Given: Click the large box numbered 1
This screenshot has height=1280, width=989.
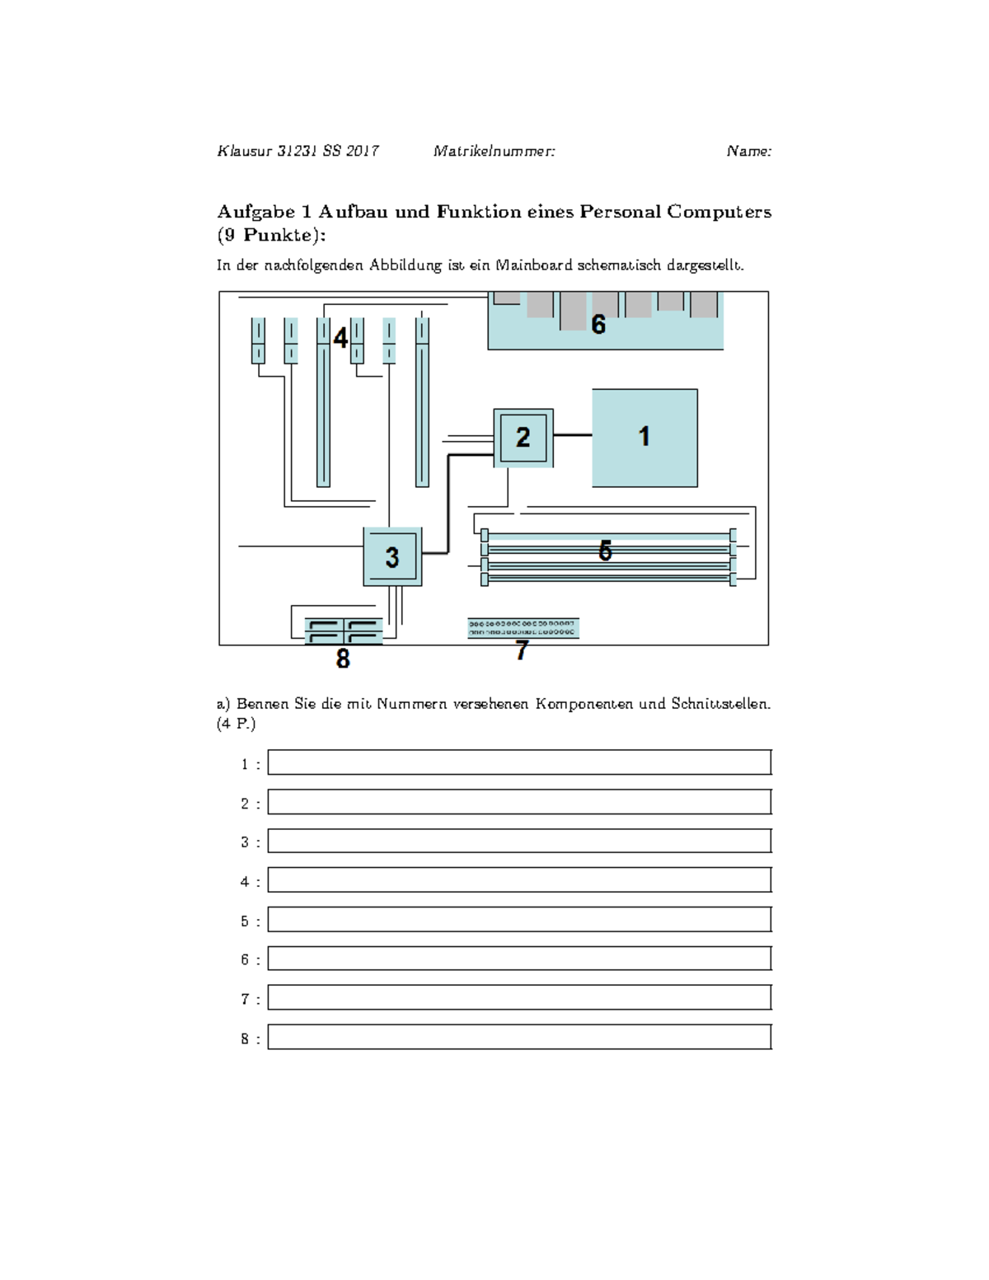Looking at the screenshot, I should (x=644, y=438).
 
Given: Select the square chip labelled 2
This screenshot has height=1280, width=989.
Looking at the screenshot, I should (x=523, y=438).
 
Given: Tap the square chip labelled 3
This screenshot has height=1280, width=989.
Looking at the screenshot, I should (x=392, y=557).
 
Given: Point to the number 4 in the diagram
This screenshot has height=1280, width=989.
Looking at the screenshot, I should (x=340, y=338).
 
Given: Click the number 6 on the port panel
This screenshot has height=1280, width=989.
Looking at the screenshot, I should (x=598, y=325).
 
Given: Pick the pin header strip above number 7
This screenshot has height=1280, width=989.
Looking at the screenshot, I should (x=523, y=628).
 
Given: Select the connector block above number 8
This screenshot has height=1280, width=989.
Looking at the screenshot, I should (x=343, y=631).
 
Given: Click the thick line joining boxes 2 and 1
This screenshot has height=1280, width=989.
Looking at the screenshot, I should (x=573, y=434).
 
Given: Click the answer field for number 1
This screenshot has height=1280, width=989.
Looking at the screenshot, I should (x=519, y=762).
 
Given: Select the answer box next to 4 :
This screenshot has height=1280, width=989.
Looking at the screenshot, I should (x=519, y=879).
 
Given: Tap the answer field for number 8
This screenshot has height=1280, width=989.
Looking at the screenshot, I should (x=519, y=1037).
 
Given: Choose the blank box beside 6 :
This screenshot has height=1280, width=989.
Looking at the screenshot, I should (x=519, y=959).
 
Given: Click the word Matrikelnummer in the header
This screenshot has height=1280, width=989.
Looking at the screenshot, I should (x=494, y=151).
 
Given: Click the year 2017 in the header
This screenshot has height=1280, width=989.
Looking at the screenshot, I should (x=363, y=151).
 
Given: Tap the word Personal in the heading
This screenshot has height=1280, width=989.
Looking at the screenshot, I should (x=620, y=212).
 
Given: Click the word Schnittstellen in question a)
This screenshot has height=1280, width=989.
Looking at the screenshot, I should (x=719, y=704).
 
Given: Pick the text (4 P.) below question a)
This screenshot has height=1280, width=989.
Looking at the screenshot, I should (x=237, y=724).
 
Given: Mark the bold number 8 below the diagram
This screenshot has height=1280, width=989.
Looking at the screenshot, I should (x=343, y=659).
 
